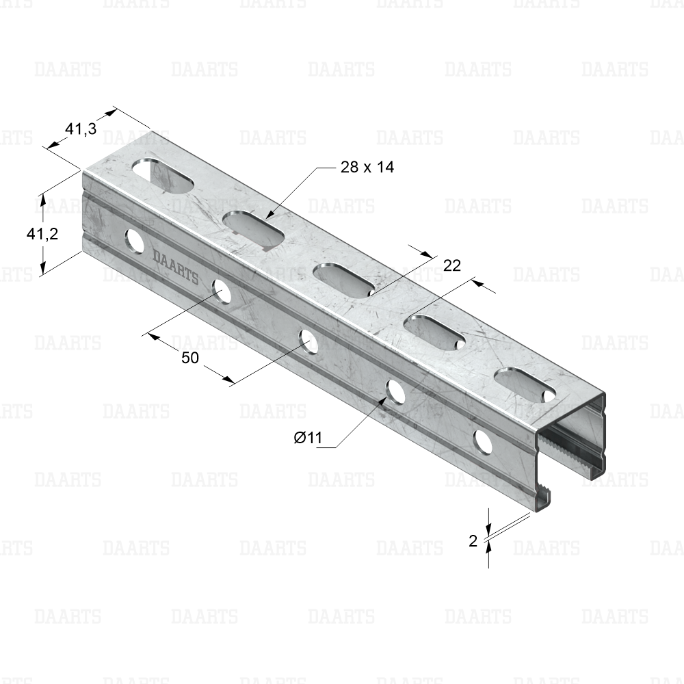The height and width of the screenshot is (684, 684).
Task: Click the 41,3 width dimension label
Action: pyautogui.click(x=81, y=129)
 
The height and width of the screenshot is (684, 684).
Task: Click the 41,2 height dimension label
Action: pyautogui.click(x=42, y=234)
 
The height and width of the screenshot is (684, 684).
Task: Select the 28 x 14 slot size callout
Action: pyautogui.click(x=367, y=167)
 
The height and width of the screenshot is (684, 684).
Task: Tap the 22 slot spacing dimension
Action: pyautogui.click(x=452, y=265)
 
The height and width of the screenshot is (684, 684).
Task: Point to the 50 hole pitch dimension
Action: pyautogui.click(x=190, y=358)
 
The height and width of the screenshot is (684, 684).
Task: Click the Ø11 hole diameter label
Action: pyautogui.click(x=308, y=438)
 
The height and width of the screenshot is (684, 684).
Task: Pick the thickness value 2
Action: pyautogui.click(x=473, y=541)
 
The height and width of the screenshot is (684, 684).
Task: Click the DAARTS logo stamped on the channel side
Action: pyautogui.click(x=175, y=267)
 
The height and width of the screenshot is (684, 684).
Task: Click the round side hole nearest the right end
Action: pyautogui.click(x=483, y=442)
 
